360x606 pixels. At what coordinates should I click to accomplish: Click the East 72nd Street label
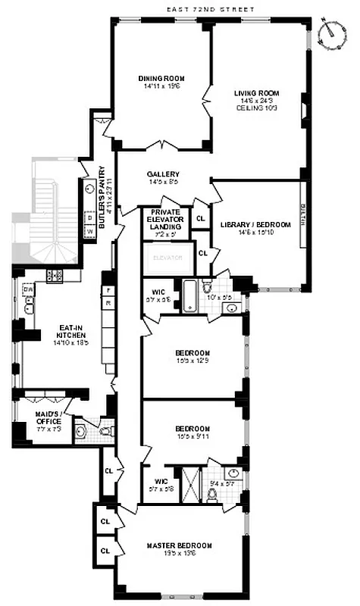(x=211, y=8)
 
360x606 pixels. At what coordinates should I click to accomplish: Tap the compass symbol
(x=330, y=33)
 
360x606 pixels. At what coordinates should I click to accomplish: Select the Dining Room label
(x=161, y=83)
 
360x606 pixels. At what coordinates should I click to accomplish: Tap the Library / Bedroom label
(x=255, y=229)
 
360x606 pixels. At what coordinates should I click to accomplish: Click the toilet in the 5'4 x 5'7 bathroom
(x=213, y=495)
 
